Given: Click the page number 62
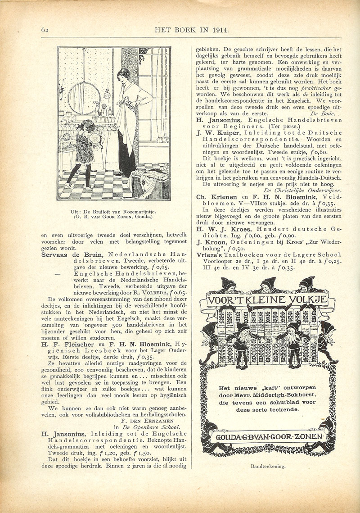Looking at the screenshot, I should (45, 30).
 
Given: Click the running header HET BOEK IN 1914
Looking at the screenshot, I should (192, 30).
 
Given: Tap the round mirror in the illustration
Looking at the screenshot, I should (84, 98).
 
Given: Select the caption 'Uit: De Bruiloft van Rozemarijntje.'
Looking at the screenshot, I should (114, 211).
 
